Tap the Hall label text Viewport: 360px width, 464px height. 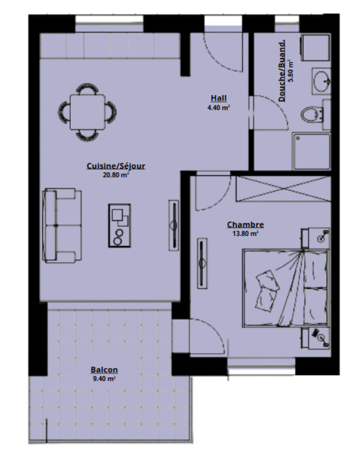tap(219, 97)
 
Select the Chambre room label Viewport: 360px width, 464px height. tap(245, 224)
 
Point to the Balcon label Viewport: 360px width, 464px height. tap(104, 369)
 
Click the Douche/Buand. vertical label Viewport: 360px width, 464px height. tap(282, 71)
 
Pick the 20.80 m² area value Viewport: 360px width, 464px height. tap(116, 175)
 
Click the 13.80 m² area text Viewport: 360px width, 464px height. tap(245, 233)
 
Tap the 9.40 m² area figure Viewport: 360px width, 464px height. tap(104, 378)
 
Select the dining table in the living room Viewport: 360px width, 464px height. tap(88, 112)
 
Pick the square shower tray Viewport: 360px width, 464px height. tap(312, 152)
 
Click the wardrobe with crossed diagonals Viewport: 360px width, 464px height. tap(283, 188)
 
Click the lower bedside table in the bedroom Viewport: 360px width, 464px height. tap(315, 338)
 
